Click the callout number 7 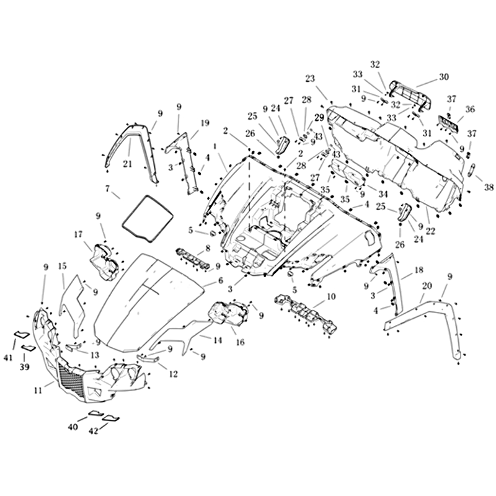108,187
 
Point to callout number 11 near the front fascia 38,390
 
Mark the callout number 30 443,77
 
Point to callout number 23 310,78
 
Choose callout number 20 426,287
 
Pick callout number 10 331,297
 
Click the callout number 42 94,431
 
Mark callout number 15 63,266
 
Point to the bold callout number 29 319,117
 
